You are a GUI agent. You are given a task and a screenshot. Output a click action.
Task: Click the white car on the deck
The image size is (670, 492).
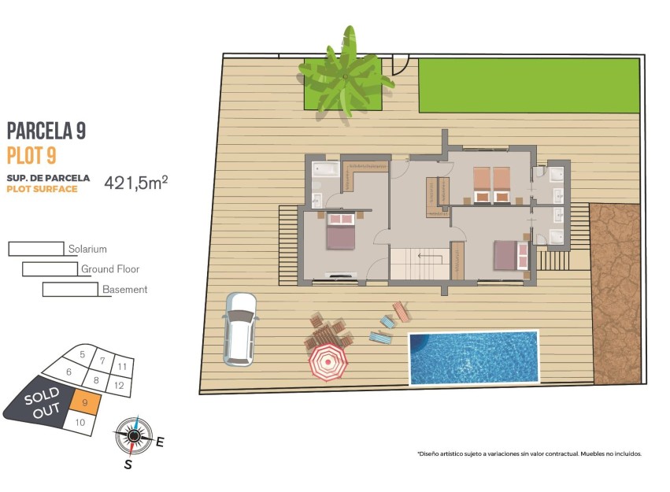pyautogui.click(x=240, y=328)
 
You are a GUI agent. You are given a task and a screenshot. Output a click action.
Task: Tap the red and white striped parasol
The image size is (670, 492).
pyautogui.click(x=328, y=364)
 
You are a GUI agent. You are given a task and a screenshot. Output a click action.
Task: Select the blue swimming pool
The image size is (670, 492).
pyautogui.click(x=473, y=357)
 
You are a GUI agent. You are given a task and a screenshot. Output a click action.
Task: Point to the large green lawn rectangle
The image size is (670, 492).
pyautogui.click(x=527, y=85)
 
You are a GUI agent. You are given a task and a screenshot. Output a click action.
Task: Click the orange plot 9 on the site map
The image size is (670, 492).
pyautogui.click(x=86, y=402)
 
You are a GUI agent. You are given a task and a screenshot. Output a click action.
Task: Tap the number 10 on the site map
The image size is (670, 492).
pyautogui.click(x=80, y=423)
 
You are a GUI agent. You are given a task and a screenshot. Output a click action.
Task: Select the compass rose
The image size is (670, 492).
pyautogui.click(x=134, y=435)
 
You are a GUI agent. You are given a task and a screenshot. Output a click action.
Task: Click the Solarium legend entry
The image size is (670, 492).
pyautogui.click(x=87, y=249)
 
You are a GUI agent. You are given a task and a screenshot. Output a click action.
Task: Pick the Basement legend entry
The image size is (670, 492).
pyautogui.click(x=124, y=290)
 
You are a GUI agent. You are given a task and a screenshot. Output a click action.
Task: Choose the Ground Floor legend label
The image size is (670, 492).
pyautogui.click(x=109, y=269)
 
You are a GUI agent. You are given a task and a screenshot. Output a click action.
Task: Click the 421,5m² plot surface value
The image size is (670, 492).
pyautogui.click(x=135, y=183)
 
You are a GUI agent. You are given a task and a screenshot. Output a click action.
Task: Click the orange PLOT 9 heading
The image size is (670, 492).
pyautogui.click(x=31, y=155)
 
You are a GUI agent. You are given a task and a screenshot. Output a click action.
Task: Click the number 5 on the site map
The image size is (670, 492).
pyautogui.click(x=83, y=355)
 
